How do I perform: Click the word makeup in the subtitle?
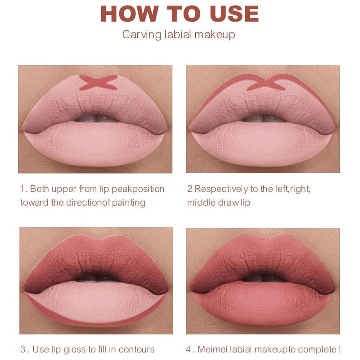tap(215, 35)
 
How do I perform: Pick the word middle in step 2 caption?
tap(200, 202)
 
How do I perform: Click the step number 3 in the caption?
tap(22, 349)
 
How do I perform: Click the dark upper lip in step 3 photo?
tap(95, 256)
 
